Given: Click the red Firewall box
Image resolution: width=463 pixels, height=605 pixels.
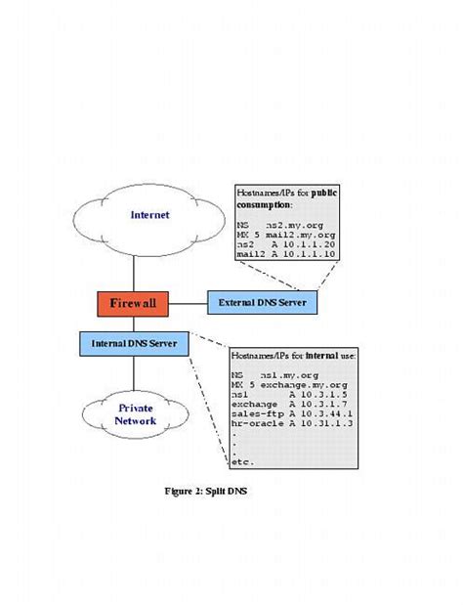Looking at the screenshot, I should point(132,304).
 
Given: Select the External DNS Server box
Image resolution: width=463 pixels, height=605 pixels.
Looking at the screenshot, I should point(263,304).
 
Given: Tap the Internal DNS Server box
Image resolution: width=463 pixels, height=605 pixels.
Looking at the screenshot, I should point(133,344).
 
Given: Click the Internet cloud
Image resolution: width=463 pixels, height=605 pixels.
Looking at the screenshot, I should point(149,214).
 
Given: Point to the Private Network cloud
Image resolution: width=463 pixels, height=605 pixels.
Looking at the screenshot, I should point(136,413).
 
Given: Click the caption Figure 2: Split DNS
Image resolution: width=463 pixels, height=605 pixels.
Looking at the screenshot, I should point(205,491).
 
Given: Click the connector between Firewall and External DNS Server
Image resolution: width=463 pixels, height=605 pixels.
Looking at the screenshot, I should point(188,304).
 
